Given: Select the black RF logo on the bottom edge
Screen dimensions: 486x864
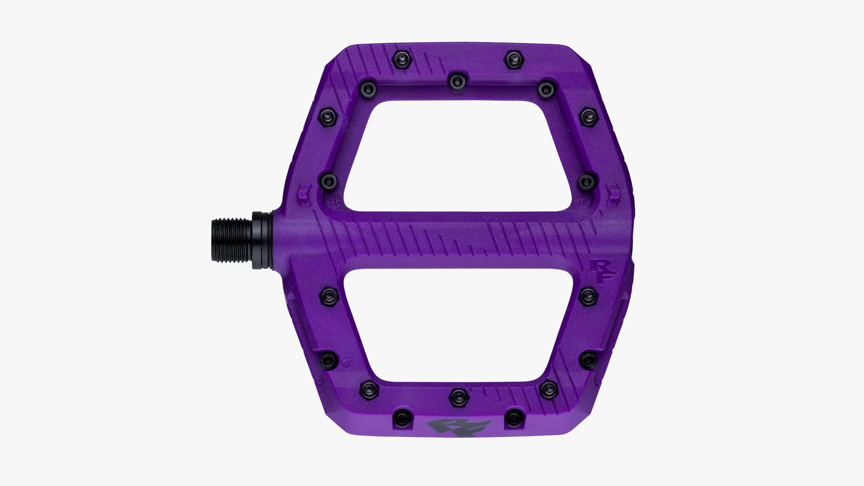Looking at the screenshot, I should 458,427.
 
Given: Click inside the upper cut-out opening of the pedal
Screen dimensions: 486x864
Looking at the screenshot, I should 458,157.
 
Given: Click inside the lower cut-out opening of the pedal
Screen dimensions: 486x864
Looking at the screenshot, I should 458,324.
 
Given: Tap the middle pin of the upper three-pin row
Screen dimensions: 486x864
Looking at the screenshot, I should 457,82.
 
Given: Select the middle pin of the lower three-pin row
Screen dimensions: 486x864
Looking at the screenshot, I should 458,397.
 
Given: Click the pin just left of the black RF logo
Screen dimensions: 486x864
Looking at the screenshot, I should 402,417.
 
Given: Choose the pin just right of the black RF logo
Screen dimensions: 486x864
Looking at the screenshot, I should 514,417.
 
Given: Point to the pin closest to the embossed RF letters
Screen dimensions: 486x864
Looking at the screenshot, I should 588,296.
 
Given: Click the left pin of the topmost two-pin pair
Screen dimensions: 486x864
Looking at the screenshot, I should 402,59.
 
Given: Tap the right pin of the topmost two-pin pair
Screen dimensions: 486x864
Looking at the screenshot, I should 514,59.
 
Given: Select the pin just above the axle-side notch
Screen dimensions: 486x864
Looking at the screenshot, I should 328,181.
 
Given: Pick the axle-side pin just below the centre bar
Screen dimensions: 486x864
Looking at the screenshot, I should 328,296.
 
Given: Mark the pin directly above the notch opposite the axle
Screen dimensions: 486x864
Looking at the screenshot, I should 588,181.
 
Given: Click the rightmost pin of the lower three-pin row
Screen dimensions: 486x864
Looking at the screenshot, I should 548,389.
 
